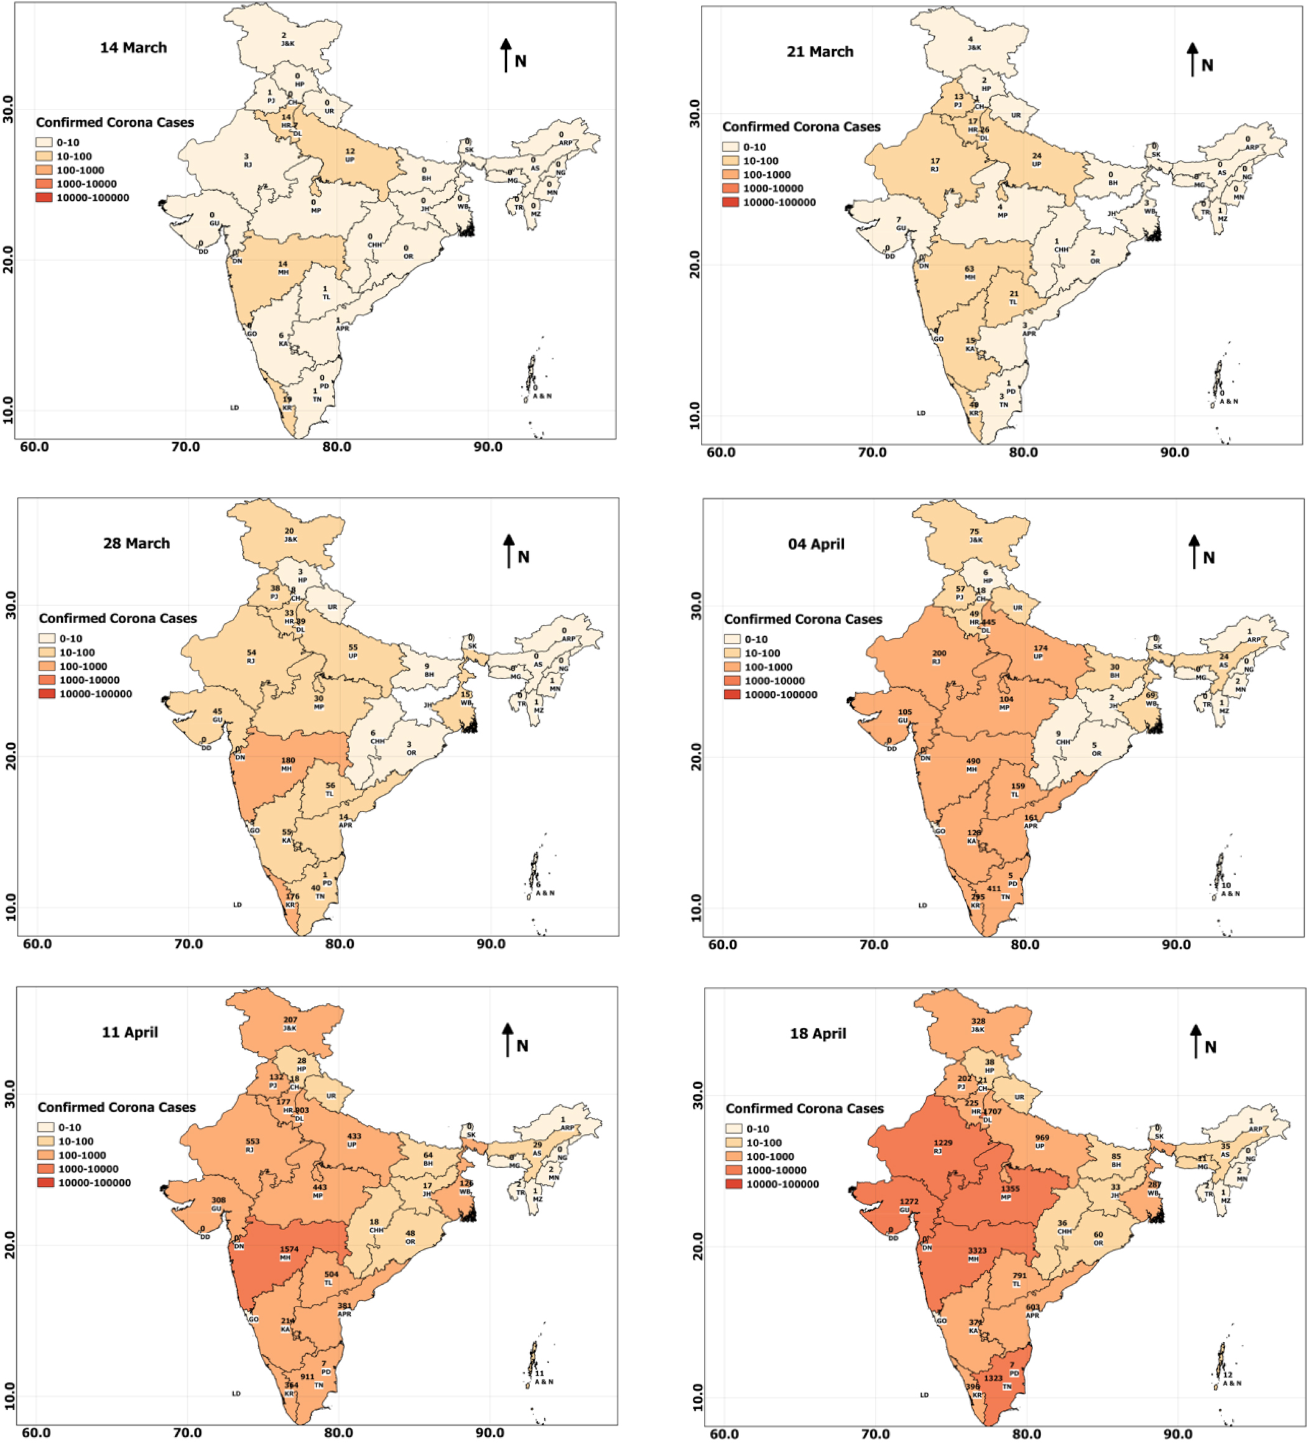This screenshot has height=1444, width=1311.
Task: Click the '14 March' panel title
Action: click(x=133, y=48)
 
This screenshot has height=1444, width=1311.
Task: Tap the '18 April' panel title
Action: click(x=818, y=1034)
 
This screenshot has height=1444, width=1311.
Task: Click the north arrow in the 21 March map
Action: click(x=1193, y=58)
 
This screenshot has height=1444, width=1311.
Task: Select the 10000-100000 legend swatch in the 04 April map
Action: click(x=731, y=695)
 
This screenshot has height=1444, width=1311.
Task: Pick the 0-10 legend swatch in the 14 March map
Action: click(x=44, y=142)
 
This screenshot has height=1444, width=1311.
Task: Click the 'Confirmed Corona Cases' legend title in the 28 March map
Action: click(x=118, y=618)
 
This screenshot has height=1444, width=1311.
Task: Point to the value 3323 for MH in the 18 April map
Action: click(x=977, y=1251)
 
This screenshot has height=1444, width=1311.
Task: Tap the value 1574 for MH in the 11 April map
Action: click(x=289, y=1249)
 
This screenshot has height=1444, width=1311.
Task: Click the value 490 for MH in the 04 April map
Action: click(x=973, y=761)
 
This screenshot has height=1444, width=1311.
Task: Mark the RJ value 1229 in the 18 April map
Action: click(x=943, y=1142)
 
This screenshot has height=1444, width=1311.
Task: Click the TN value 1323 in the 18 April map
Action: click(x=993, y=1378)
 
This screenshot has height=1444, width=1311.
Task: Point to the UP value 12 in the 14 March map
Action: click(x=350, y=151)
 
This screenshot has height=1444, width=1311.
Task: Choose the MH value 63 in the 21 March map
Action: click(x=970, y=269)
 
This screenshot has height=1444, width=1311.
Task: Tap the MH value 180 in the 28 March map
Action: click(x=288, y=760)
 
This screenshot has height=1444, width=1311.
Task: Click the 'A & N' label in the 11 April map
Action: click(x=544, y=1382)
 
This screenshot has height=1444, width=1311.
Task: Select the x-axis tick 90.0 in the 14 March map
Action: click(x=488, y=447)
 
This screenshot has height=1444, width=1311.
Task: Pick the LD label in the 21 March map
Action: click(x=921, y=414)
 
